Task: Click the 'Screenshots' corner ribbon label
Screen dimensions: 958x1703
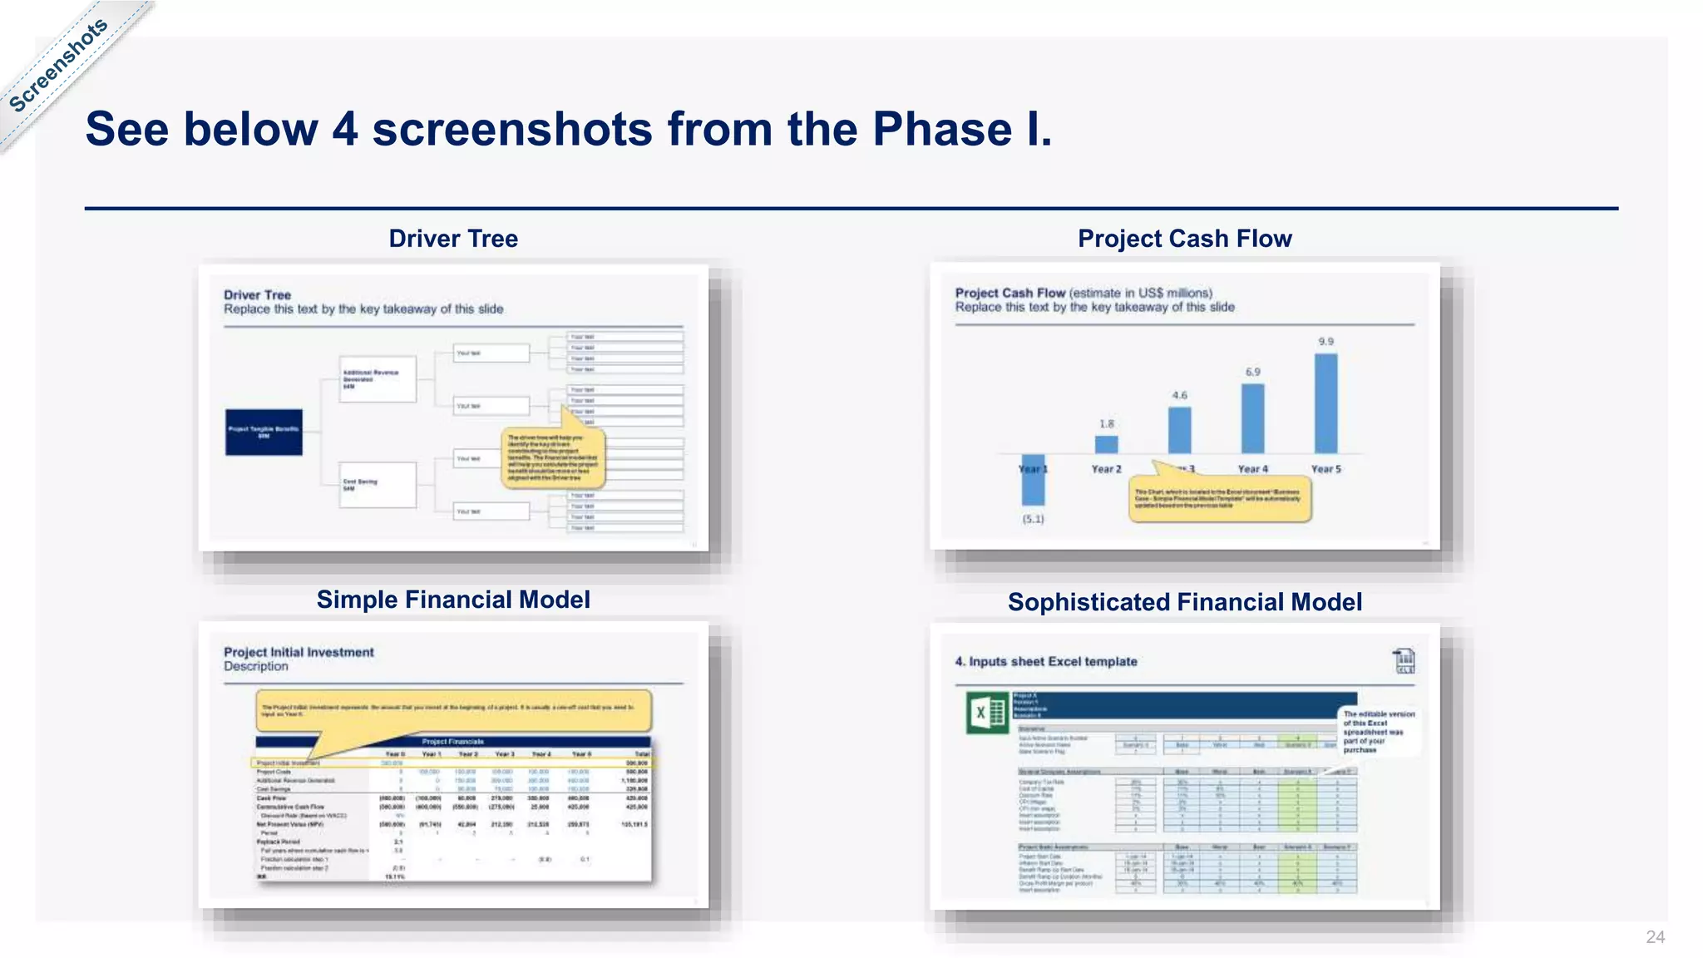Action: [58, 65]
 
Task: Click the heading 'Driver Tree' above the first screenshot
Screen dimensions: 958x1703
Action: [453, 239]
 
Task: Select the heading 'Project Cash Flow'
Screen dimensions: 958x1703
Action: [1184, 239]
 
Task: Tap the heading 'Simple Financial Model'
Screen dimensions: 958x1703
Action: [453, 600]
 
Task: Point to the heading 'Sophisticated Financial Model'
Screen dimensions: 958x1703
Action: [1184, 602]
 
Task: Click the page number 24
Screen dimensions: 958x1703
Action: [1655, 937]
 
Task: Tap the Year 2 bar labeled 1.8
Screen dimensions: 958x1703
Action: [1106, 444]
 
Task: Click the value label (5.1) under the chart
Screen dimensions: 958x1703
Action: [1033, 519]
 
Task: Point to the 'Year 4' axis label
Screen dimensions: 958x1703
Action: [1252, 469]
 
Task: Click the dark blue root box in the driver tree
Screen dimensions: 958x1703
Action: [264, 432]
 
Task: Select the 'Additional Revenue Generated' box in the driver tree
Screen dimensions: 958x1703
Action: [378, 379]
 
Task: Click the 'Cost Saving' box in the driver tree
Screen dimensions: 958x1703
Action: [378, 485]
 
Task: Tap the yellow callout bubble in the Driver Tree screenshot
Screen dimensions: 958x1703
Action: [553, 457]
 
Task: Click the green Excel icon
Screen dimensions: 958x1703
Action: [987, 713]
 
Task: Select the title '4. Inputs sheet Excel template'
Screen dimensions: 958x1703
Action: [1045, 661]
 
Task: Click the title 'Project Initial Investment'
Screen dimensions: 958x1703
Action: [299, 652]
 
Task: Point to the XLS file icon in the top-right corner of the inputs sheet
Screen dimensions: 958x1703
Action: [1404, 661]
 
